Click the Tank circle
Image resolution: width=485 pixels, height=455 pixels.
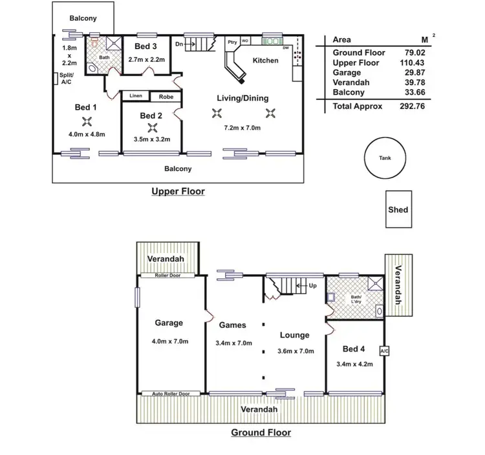point(383,158)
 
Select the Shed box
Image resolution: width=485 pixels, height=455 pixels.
point(398,209)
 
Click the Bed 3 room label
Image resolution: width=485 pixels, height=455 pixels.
point(145,46)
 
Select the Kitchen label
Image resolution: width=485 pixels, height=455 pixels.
point(265,61)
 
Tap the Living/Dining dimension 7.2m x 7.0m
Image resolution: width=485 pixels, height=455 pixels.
point(242,128)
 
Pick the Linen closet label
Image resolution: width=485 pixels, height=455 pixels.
point(136,96)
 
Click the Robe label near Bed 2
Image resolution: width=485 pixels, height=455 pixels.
point(165,96)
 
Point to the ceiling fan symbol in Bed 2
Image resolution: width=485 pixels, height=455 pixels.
point(153,127)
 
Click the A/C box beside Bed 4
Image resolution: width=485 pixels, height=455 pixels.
point(384,351)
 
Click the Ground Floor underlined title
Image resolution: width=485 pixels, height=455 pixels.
point(261,433)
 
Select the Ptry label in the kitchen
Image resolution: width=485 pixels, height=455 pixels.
point(232,42)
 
